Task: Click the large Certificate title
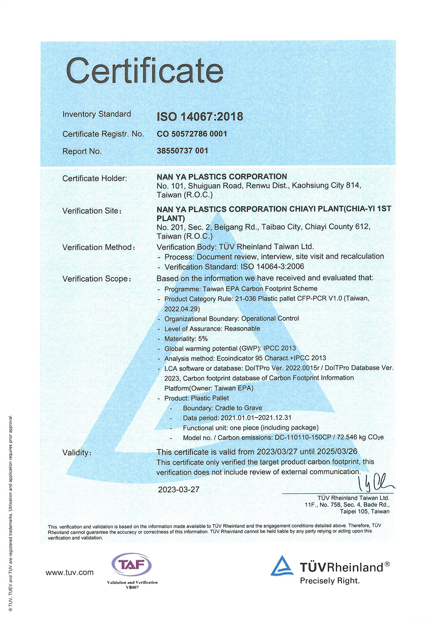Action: [144, 71]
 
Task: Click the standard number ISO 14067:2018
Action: [200, 117]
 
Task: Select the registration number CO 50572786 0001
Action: [192, 134]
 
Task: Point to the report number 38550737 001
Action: [182, 151]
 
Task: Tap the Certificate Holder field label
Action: [94, 178]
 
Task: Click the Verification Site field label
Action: [92, 211]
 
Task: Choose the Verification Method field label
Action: [99, 247]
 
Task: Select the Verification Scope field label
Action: [97, 279]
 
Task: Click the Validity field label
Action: [77, 453]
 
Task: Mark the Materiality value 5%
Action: [203, 339]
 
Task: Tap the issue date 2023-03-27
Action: [179, 490]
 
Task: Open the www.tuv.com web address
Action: [69, 572]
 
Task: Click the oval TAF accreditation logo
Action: [131, 564]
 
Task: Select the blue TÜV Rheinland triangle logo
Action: [282, 566]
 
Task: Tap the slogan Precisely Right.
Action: [330, 581]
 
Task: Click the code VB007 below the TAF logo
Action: [132, 587]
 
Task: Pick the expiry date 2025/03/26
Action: [337, 452]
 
